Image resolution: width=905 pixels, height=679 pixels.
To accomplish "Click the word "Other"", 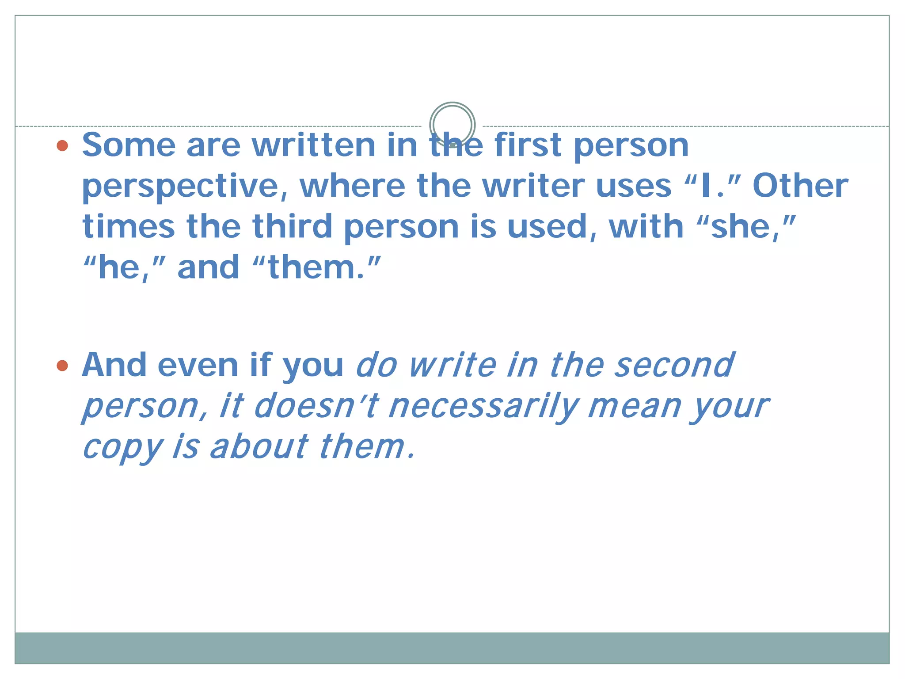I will (800, 186).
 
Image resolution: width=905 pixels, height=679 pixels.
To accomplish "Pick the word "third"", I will (292, 226).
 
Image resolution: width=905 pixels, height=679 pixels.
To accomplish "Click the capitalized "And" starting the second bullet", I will (114, 365).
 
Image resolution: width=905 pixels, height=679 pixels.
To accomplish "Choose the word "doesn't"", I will (316, 406).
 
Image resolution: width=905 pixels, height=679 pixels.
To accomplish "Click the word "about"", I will (259, 446).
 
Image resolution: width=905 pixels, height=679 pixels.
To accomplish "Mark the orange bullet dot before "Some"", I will (63, 145).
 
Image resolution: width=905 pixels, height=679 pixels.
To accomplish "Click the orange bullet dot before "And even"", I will (63, 366).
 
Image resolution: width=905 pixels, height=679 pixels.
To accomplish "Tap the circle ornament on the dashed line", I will (452, 125).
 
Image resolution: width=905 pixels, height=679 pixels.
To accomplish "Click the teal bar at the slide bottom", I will (452, 648).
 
